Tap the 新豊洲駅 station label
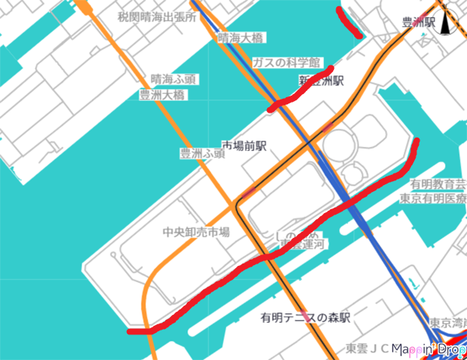[321, 80]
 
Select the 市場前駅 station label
[244, 145]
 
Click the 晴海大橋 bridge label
[241, 37]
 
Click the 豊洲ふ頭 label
[202, 154]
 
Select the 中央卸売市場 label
[195, 232]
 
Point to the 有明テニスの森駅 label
[305, 317]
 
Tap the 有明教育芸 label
[438, 184]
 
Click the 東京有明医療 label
[432, 198]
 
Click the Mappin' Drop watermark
[429, 350]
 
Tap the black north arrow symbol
[446, 23]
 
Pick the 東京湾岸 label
[447, 322]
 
